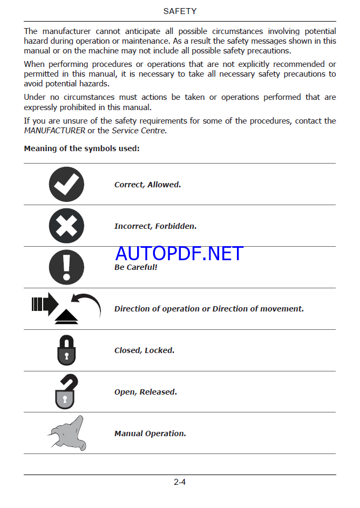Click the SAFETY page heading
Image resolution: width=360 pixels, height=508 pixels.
pos(180,11)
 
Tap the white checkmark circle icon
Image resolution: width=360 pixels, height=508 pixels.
pos(66,185)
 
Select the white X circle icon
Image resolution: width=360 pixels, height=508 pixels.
pos(66,226)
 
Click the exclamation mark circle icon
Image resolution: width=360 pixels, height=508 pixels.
pos(66,267)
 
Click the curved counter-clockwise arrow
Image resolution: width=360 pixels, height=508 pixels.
pos(86,304)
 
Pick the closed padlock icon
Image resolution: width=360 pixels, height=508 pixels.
pos(66,350)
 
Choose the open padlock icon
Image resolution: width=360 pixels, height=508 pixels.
pos(65,391)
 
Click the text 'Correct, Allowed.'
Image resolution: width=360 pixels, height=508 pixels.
pos(147,185)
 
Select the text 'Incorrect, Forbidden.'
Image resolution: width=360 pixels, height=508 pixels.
pos(155,226)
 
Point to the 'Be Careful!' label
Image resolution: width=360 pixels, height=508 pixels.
pos(135,267)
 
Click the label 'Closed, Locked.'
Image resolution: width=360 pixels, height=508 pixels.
pos(144,350)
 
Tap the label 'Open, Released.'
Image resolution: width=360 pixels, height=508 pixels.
pos(146,392)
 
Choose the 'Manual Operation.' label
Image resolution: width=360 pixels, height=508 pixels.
pos(150,434)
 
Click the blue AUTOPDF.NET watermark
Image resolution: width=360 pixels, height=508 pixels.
pos(179,253)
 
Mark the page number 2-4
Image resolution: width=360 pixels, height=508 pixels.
pos(180,482)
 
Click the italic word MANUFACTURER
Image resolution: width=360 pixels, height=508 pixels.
pos(55,131)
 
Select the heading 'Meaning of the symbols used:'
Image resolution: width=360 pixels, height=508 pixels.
pos(81,148)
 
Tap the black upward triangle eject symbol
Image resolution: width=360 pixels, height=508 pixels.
pos(66,318)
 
